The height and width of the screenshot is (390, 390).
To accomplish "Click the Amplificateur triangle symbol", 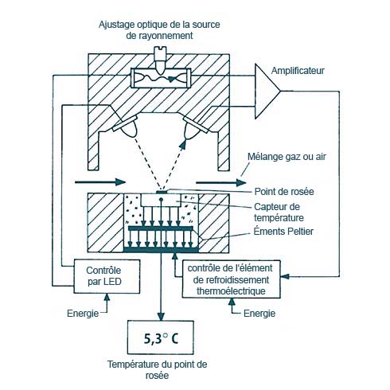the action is (x=266, y=91).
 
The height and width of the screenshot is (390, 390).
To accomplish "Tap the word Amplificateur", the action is (x=298, y=71).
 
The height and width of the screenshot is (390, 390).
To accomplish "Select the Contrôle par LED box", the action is (x=107, y=276).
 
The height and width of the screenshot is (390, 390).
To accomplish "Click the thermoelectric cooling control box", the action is (x=231, y=279).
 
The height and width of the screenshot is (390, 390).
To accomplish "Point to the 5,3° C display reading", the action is (x=161, y=338).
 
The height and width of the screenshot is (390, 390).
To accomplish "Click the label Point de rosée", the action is (x=284, y=192).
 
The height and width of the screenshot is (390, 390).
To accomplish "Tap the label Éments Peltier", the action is (x=283, y=232).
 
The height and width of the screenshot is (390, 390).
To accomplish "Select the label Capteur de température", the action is (x=279, y=213).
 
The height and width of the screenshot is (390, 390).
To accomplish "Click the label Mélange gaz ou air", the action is (x=287, y=157).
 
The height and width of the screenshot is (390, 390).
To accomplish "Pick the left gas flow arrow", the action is (x=100, y=182).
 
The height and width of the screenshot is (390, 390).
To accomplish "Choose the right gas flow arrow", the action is (x=221, y=182).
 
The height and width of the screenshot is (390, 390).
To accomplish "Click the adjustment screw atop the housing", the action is (x=162, y=60).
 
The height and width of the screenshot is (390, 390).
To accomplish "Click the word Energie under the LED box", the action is (x=83, y=314).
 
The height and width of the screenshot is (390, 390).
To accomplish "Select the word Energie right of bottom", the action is (x=259, y=314).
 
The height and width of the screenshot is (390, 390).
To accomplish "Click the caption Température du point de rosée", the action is (x=157, y=370).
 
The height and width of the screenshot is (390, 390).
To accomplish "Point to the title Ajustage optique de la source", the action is (x=159, y=25).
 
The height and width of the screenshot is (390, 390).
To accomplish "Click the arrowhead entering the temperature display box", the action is (x=161, y=317).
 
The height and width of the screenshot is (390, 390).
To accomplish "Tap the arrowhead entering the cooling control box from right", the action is (x=285, y=276).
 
